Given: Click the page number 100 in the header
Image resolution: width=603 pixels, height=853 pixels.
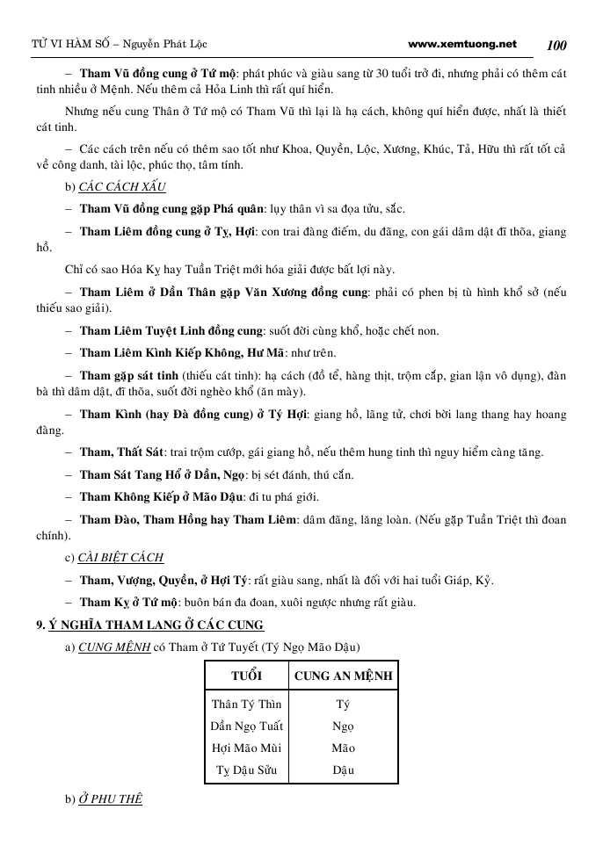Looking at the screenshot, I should click(x=556, y=45).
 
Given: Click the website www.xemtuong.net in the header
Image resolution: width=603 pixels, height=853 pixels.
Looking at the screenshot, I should click(x=463, y=44).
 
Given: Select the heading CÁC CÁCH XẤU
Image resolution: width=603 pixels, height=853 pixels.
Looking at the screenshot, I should click(x=122, y=187).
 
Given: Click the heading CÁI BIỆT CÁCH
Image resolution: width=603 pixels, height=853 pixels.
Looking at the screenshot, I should click(x=121, y=557).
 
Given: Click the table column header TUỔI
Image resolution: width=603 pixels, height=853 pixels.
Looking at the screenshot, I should click(x=246, y=676).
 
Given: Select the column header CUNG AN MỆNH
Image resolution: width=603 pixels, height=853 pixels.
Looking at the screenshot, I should click(x=343, y=676).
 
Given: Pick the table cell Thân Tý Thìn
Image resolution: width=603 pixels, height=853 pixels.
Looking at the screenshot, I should click(x=246, y=704).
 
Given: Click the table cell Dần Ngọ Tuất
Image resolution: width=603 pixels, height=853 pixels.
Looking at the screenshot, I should click(x=246, y=726).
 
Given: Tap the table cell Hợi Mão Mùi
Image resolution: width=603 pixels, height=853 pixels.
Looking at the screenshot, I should click(x=246, y=748).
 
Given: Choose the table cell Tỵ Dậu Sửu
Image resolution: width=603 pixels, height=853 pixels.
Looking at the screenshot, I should click(x=246, y=770).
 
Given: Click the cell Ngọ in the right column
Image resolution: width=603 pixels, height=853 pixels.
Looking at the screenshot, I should click(x=343, y=726).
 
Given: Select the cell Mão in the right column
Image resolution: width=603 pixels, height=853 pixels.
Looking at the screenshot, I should click(x=343, y=748).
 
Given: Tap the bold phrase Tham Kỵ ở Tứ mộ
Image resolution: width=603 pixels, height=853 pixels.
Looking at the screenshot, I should click(x=129, y=602).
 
